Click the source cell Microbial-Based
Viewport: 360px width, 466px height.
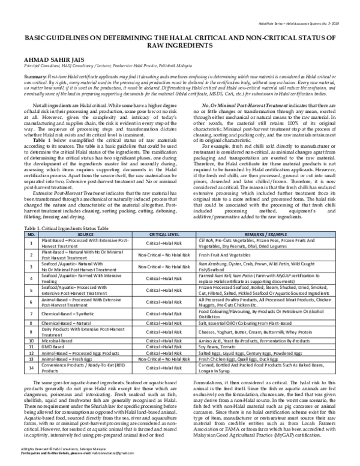(59, 340)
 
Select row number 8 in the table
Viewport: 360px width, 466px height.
(31, 322)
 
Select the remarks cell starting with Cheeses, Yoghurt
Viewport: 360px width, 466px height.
(255, 331)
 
